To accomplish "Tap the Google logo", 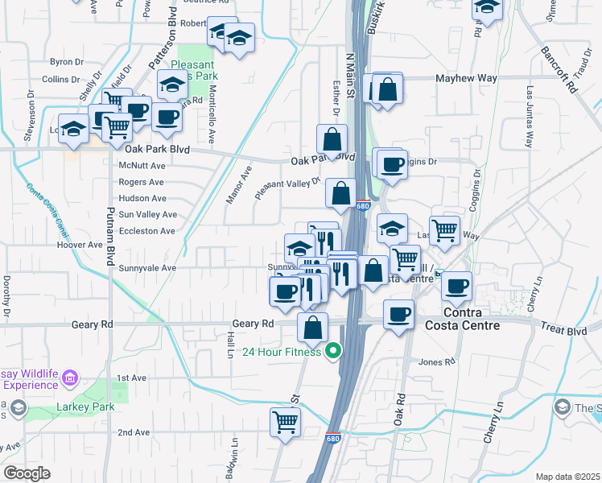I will (x=27, y=473).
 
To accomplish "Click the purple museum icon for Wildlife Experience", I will (x=70, y=377).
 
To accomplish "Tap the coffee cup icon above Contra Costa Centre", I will (x=457, y=286).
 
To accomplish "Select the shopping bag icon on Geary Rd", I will (x=312, y=327).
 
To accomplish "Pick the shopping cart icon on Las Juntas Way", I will (x=444, y=230).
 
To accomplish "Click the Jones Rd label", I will (x=438, y=362).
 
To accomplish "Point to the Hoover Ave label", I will (x=80, y=245).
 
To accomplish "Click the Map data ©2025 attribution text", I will (x=567, y=477).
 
